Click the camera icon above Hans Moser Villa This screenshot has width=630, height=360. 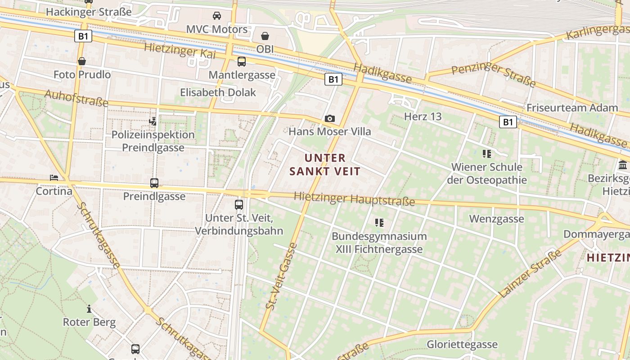(x=330, y=118)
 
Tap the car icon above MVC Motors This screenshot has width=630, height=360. (x=217, y=16)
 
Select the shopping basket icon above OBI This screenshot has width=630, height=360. (x=265, y=36)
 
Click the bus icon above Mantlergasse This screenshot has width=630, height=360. (x=242, y=62)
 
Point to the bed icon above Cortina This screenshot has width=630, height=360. (x=54, y=178)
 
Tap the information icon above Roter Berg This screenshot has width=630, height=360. (x=89, y=309)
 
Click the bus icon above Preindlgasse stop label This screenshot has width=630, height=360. (x=154, y=183)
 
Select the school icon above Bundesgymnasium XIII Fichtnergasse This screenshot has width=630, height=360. (x=379, y=222)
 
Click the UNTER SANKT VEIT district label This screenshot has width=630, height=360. (x=325, y=164)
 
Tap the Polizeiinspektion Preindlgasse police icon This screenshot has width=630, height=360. (x=153, y=121)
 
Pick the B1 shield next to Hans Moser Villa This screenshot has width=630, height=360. (x=333, y=80)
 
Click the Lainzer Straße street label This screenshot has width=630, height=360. (x=531, y=273)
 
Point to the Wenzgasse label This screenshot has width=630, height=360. (x=496, y=219)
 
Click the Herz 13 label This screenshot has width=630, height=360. (x=423, y=117)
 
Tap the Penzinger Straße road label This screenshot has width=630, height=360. (x=493, y=75)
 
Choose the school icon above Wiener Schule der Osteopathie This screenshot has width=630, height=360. (x=486, y=154)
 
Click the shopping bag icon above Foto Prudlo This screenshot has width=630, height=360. (x=82, y=61)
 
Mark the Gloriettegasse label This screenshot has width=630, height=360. (x=462, y=345)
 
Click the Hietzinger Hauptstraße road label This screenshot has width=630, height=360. (x=354, y=198)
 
